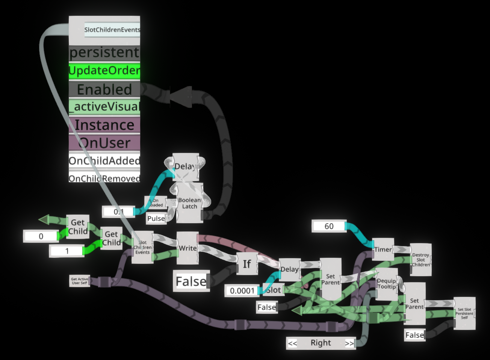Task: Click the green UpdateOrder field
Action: (x=104, y=71)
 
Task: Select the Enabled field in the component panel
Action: (x=104, y=89)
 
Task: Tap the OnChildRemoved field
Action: (x=104, y=178)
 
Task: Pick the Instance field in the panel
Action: (x=104, y=125)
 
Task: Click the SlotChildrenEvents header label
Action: (x=112, y=30)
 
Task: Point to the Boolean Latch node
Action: (x=190, y=203)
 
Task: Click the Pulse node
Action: (x=156, y=218)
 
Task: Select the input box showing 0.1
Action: (x=119, y=212)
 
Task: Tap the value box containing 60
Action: (x=329, y=226)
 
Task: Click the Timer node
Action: (x=383, y=249)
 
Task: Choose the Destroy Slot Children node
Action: (x=420, y=260)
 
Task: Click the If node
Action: (x=247, y=264)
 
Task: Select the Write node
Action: (x=188, y=248)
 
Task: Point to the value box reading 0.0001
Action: (x=242, y=290)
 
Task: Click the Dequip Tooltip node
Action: (x=387, y=284)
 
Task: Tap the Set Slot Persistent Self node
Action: (x=464, y=313)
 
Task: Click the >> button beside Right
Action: (x=349, y=343)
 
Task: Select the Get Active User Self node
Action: (x=79, y=281)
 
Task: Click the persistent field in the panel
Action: (x=104, y=53)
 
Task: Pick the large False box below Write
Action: (x=191, y=281)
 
